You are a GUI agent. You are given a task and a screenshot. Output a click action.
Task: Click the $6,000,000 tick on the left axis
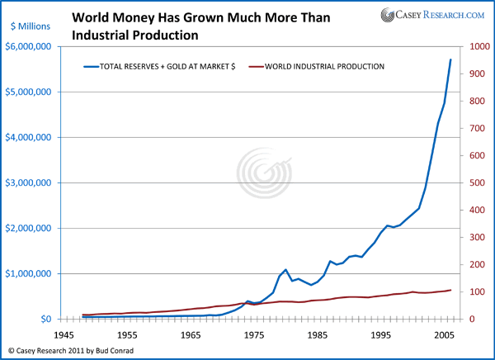click(x=31, y=47)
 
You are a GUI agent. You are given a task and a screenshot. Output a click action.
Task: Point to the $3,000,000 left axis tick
click(x=31, y=183)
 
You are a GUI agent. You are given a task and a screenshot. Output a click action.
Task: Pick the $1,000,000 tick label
click(x=31, y=273)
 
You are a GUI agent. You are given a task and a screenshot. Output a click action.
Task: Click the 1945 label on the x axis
click(x=64, y=336)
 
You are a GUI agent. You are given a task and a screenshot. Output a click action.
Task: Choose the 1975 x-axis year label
click(x=255, y=336)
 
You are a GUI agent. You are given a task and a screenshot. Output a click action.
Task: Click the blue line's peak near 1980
click(x=285, y=269)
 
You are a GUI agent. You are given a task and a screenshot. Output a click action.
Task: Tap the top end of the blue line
click(x=450, y=59)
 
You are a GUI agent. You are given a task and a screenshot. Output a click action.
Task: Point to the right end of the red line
click(x=450, y=290)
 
